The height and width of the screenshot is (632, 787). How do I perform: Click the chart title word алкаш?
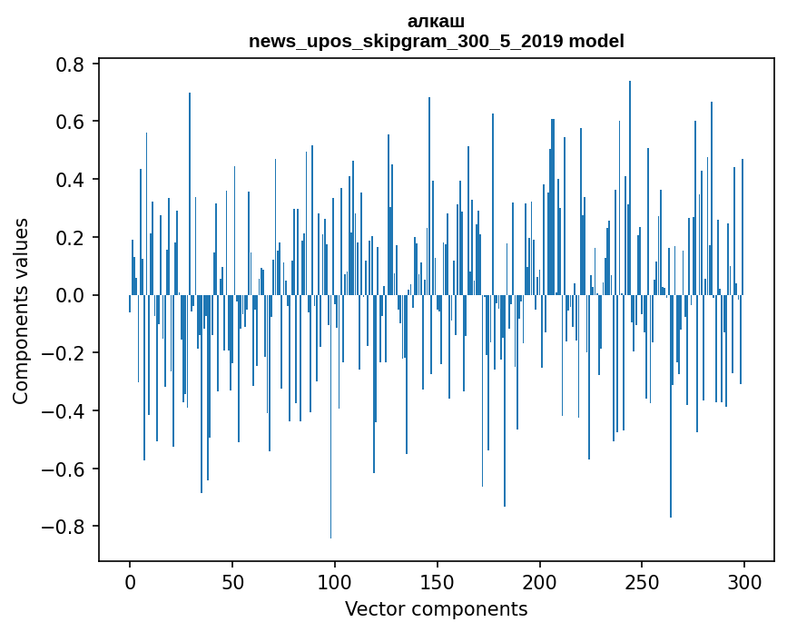click(436, 21)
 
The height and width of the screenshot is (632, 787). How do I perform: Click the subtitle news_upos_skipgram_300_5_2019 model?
click(436, 41)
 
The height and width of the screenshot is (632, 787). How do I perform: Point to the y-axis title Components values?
click(21, 311)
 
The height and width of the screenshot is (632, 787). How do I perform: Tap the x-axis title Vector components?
click(436, 608)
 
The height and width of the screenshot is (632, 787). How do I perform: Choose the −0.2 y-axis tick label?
click(66, 353)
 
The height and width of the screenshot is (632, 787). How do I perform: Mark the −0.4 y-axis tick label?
click(66, 411)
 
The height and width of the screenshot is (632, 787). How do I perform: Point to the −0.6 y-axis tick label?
click(66, 469)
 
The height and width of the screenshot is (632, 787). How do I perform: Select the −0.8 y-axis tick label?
click(66, 527)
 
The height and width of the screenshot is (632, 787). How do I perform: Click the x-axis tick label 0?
click(130, 580)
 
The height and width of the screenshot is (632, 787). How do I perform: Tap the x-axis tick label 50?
click(232, 580)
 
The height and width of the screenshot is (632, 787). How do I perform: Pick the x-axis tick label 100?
click(335, 580)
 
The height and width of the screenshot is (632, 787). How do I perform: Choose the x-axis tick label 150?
click(437, 580)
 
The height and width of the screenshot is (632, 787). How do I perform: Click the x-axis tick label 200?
click(539, 580)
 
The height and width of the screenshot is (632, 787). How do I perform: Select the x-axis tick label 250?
click(642, 580)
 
